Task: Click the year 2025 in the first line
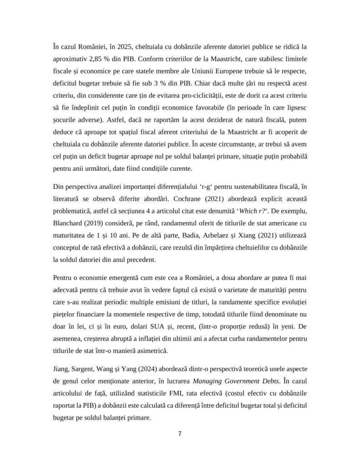coord(125,46)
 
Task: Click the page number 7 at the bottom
coord(180,433)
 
